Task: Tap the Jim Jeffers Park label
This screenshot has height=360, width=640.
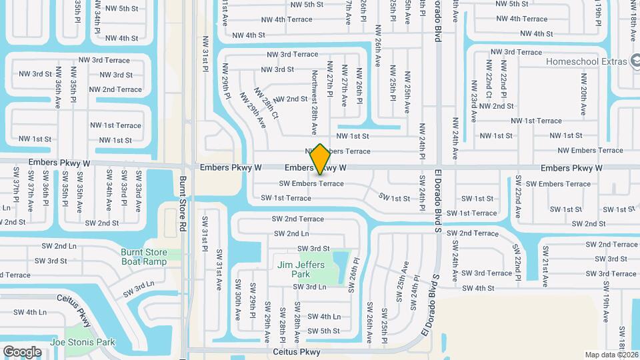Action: point(301,269)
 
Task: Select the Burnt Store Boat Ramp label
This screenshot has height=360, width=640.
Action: point(144,257)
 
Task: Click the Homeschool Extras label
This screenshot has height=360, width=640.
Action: point(587,61)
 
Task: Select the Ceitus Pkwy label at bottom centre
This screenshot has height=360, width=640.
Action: point(297,351)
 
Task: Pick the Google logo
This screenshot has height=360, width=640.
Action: point(22,351)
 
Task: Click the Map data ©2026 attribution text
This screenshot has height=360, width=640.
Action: point(611,355)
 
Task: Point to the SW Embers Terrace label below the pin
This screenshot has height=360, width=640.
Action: point(311,184)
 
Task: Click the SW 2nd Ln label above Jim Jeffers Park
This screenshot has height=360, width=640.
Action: point(291,234)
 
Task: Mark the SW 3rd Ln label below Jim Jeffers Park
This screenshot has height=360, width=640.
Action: point(310,287)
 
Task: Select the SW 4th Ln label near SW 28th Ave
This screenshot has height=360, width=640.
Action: point(324,317)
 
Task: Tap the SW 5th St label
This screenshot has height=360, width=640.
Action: point(323,331)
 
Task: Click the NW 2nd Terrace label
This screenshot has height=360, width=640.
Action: point(115,89)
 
